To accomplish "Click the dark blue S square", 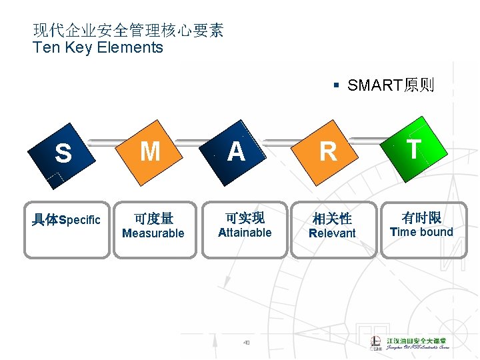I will (x=63, y=154).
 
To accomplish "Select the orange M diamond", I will (x=151, y=152).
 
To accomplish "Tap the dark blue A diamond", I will (x=236, y=152).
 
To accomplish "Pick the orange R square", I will (x=328, y=152).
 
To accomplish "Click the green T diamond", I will (x=414, y=149).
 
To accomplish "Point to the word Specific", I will (x=80, y=220).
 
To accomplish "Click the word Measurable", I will (x=153, y=233).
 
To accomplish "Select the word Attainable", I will (x=245, y=233).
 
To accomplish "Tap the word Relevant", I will (x=332, y=233).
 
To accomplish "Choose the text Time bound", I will (x=421, y=232).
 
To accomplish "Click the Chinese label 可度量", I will (x=153, y=218).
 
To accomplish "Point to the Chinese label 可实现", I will (x=245, y=217).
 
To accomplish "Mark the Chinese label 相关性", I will (x=332, y=218).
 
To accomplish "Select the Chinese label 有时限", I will (x=421, y=217).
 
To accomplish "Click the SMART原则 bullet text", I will (x=390, y=85).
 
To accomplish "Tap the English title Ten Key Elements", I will (x=98, y=47).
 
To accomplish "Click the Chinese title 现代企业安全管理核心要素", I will (x=128, y=30).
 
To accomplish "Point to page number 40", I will (x=246, y=343).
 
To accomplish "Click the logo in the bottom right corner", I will (x=409, y=342).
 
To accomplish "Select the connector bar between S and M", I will (x=109, y=142).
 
